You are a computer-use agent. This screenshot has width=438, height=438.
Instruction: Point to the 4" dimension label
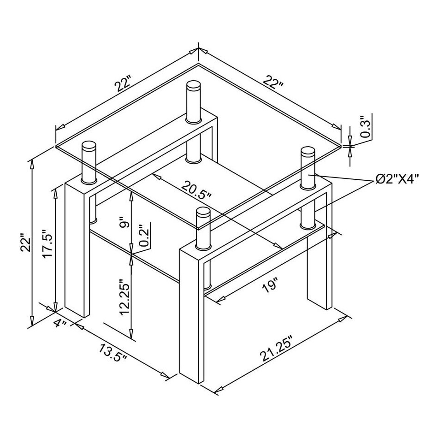click(60, 323)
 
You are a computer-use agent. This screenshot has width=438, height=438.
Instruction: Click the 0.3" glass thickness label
click(366, 127)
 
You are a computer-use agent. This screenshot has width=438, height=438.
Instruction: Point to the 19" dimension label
click(270, 285)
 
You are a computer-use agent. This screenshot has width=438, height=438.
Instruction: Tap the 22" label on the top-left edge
click(125, 85)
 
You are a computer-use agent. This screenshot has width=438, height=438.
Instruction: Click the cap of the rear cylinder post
click(194, 86)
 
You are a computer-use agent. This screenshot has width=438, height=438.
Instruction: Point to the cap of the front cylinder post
click(203, 213)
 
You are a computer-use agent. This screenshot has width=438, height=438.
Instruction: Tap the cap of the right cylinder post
click(308, 152)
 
